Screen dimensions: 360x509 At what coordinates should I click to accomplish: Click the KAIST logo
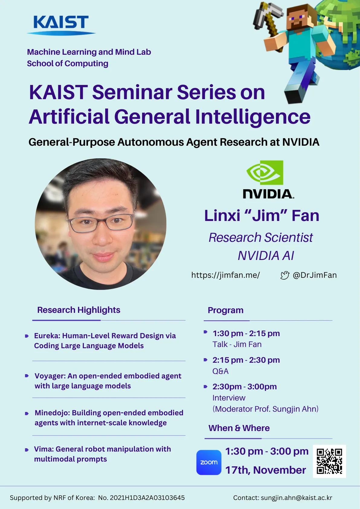click(61, 25)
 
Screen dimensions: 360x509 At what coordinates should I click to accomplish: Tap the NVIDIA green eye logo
click(265, 173)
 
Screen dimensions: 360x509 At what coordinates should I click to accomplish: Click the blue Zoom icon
click(209, 462)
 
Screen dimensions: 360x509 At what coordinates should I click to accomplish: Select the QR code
click(329, 461)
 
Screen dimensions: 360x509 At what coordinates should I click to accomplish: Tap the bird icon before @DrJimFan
click(284, 275)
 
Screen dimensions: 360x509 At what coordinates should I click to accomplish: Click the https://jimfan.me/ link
click(225, 275)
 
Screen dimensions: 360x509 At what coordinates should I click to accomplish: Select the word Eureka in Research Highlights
click(47, 336)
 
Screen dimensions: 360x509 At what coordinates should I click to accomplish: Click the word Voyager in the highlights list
click(50, 376)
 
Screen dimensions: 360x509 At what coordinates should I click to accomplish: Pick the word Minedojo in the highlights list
click(52, 413)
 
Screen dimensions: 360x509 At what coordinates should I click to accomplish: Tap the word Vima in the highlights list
click(44, 449)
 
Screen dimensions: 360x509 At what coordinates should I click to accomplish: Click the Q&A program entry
click(220, 371)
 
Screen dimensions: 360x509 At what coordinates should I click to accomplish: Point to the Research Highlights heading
click(79, 310)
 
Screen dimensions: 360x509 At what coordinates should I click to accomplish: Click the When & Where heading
click(239, 428)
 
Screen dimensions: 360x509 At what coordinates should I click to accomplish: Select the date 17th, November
click(265, 470)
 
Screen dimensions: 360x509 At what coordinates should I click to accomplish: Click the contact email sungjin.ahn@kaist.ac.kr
click(296, 498)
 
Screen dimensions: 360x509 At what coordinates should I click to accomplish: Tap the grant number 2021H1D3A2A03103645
click(147, 498)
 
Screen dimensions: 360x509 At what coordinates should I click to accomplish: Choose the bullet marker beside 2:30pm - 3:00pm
click(206, 387)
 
